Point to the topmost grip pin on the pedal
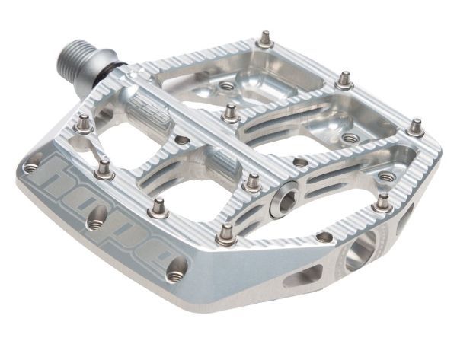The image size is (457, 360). coord(265,39)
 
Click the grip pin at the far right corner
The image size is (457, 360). coord(415,127)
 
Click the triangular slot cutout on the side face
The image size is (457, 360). coord(302,276)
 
